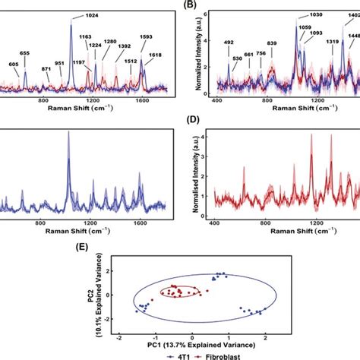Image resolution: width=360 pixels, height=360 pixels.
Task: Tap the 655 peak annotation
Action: pos(25,53)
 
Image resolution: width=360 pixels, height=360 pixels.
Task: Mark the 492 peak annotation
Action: pos(229,43)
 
